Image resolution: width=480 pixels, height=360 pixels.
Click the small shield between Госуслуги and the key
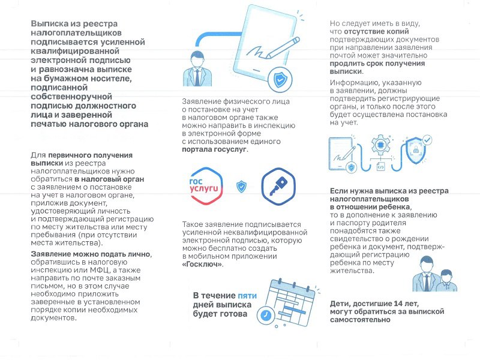click(241, 186)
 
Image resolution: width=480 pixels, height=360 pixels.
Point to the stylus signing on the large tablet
click(282, 49)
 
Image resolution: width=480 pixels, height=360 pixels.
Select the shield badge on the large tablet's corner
click(278, 79)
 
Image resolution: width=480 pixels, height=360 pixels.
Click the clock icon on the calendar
click(265, 315)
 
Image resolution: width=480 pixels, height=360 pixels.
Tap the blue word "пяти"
click(247, 296)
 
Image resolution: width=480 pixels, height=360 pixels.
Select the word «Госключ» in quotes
click(202, 264)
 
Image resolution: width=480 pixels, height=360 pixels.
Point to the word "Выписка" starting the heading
click(49, 23)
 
